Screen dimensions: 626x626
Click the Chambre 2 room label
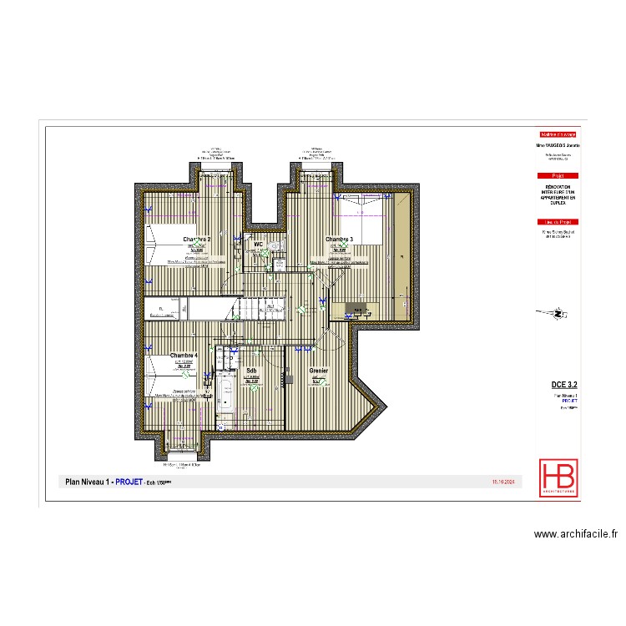pyautogui.click(x=197, y=240)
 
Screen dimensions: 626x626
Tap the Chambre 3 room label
pyautogui.click(x=339, y=240)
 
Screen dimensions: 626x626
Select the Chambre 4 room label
pyautogui.click(x=184, y=356)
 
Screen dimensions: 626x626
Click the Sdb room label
pyautogui.click(x=250, y=371)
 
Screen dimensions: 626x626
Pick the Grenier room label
pyautogui.click(x=318, y=371)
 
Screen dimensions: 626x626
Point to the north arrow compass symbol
pyautogui.click(x=559, y=314)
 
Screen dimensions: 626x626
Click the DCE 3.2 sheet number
pyautogui.click(x=566, y=383)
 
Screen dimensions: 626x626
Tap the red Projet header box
pyautogui.click(x=558, y=175)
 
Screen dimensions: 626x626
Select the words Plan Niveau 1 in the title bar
pyautogui.click(x=88, y=482)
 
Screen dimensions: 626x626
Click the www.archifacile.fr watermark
pyautogui.click(x=574, y=534)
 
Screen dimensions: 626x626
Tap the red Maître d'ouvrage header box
pyautogui.click(x=558, y=134)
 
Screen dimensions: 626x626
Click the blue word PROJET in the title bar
pyautogui.click(x=129, y=482)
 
